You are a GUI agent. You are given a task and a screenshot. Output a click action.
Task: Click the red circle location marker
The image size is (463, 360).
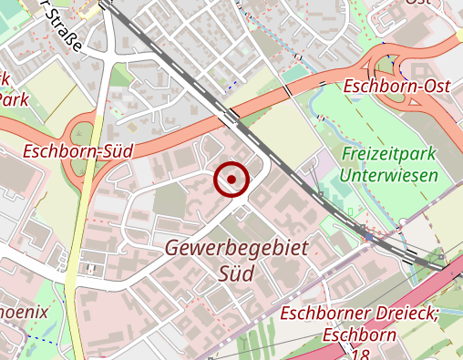click(231, 180)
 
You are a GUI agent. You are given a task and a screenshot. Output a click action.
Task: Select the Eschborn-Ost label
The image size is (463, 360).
click(399, 87)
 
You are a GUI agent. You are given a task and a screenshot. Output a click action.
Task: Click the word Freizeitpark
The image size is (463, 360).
click(386, 154)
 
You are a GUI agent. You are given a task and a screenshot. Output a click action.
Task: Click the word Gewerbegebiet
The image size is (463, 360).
click(237, 248)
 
